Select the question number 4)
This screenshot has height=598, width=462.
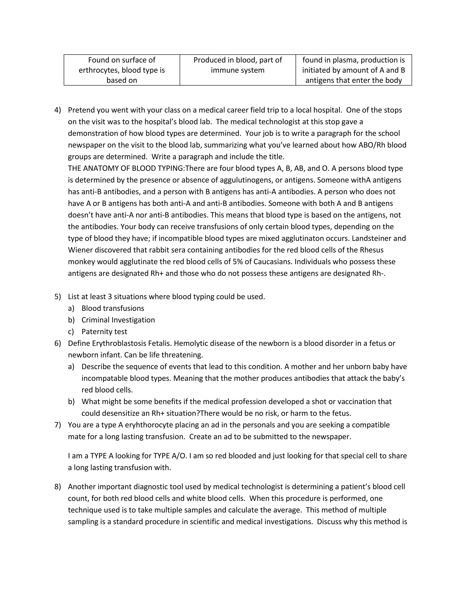58,110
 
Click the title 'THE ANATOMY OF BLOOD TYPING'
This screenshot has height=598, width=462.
126,168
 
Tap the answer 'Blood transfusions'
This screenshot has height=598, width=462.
113,308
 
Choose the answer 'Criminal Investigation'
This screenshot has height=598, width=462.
118,320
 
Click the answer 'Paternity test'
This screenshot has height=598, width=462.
104,331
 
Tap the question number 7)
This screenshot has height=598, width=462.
58,425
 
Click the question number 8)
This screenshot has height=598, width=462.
58,487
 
